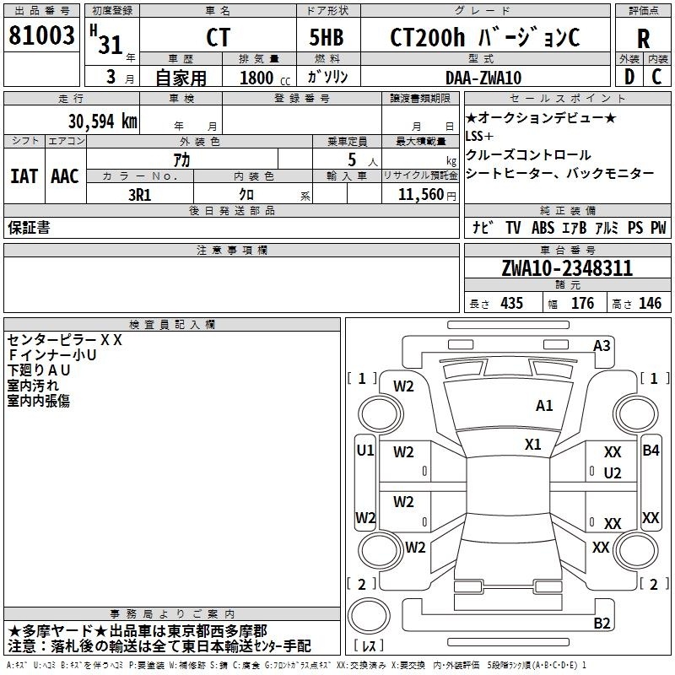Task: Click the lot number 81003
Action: click(41, 35)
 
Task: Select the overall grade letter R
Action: click(643, 39)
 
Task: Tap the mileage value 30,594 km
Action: click(102, 121)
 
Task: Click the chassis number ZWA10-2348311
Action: click(567, 268)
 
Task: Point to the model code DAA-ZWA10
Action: click(483, 78)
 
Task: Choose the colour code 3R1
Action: click(139, 195)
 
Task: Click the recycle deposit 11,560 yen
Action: click(427, 195)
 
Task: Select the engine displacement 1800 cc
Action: click(265, 78)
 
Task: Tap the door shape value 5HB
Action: click(327, 37)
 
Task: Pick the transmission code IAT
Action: click(24, 176)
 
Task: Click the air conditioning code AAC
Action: click(65, 176)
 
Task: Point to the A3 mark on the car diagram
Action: click(602, 346)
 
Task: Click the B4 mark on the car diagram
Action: click(651, 451)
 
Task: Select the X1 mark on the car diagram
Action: click(532, 445)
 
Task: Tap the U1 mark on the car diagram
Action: click(365, 451)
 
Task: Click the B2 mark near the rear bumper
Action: click(602, 623)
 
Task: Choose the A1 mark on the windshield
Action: click(543, 406)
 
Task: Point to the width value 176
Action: click(582, 303)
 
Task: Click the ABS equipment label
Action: click(543, 227)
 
